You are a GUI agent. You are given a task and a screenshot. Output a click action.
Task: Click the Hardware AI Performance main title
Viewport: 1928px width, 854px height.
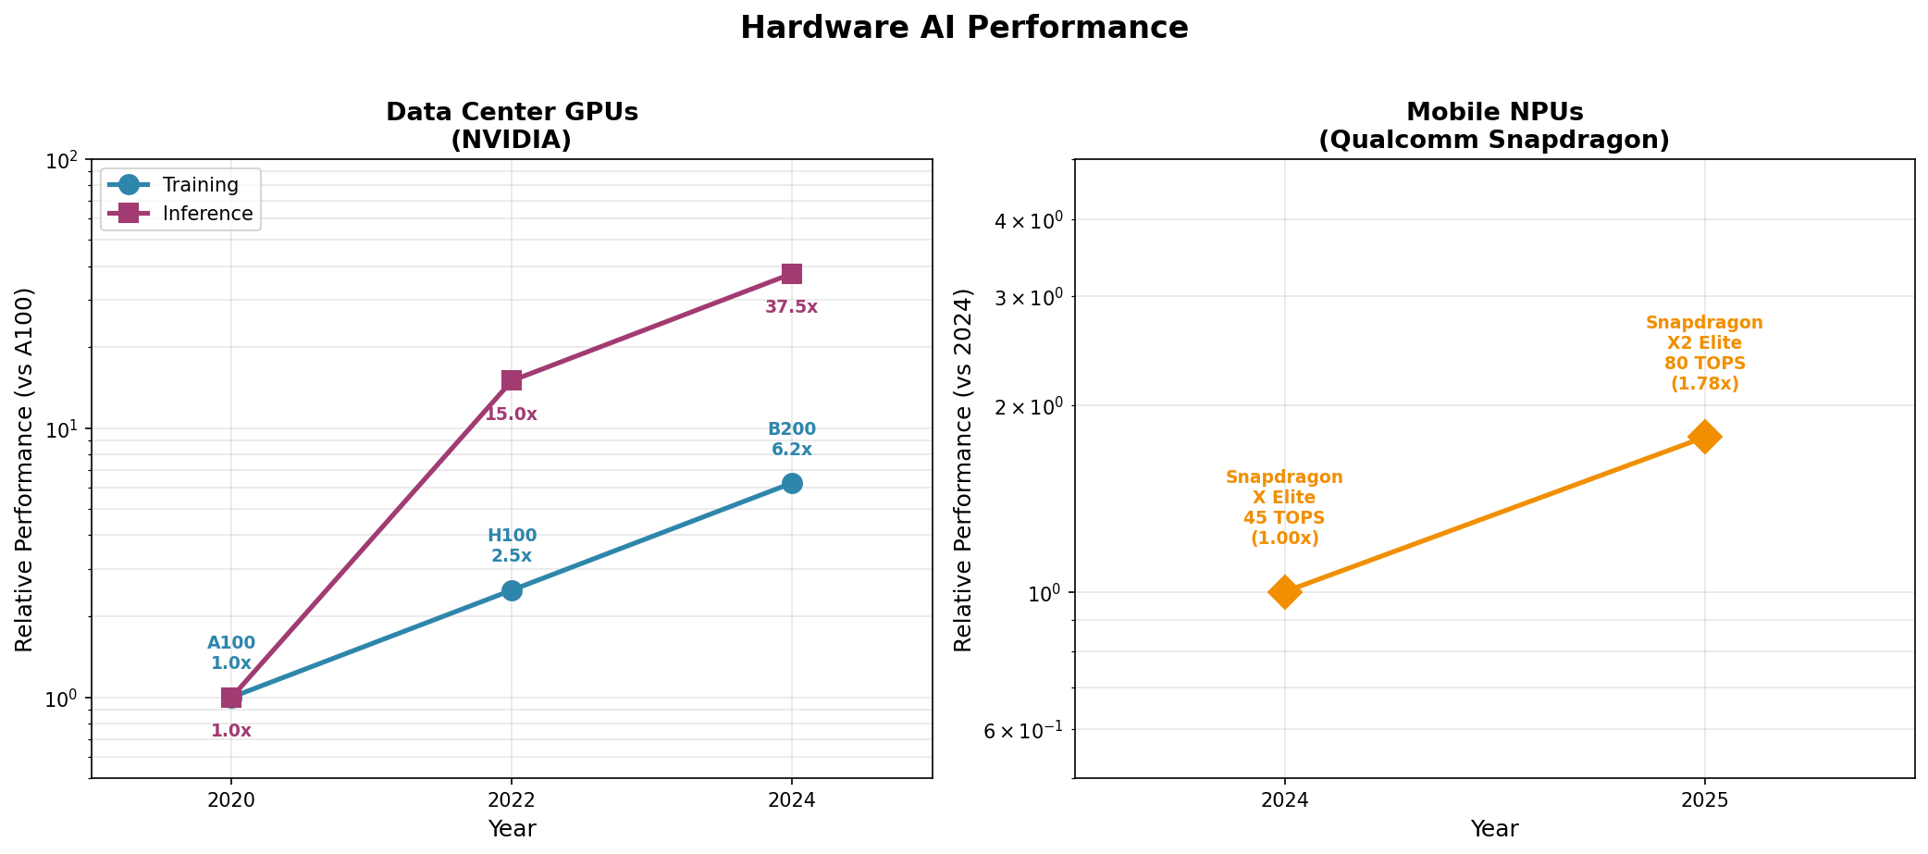[964, 28]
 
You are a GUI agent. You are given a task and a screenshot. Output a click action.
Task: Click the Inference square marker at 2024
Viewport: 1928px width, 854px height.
[792, 274]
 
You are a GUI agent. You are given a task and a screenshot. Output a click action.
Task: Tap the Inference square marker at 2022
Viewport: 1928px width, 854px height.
[512, 380]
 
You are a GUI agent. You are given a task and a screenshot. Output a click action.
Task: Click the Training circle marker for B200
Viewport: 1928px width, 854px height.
[792, 484]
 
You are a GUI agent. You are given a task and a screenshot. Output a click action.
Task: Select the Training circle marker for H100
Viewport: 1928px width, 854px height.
[512, 590]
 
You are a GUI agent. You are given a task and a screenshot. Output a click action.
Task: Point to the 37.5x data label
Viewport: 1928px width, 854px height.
[791, 307]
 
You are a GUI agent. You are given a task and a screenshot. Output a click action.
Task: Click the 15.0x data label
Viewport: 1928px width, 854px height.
[512, 415]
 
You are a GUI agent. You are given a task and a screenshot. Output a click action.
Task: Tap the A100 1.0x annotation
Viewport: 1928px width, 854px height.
[231, 653]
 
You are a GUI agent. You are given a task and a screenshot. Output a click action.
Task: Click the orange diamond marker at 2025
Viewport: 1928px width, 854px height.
[1705, 437]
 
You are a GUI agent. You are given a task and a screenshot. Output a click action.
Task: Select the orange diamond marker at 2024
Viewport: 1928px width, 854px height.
[1284, 592]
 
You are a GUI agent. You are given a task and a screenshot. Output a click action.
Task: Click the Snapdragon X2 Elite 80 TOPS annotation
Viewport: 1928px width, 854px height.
[1704, 353]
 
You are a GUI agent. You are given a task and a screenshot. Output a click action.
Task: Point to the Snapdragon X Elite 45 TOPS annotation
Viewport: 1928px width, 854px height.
[1284, 508]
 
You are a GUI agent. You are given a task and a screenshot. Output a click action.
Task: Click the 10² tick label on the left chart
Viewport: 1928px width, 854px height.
[62, 161]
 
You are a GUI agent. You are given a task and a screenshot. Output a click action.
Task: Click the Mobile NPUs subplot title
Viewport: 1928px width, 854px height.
[1494, 126]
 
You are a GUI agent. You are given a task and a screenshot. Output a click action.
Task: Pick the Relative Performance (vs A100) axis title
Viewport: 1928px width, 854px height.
[25, 469]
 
